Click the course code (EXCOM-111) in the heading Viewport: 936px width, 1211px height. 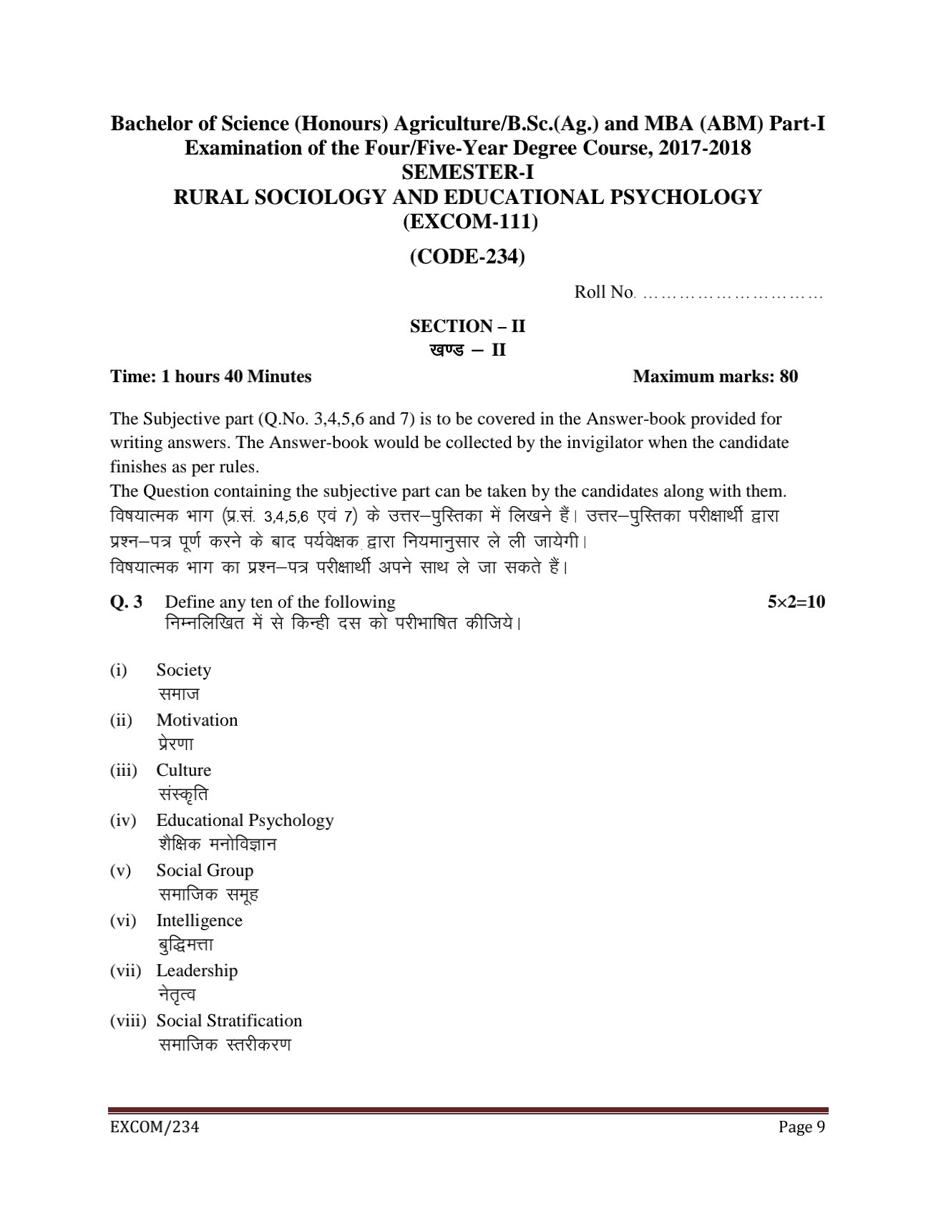[x=467, y=222]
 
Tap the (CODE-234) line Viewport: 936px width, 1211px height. [x=467, y=256]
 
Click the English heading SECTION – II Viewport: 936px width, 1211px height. [x=467, y=326]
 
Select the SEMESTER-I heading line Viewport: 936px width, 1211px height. [x=467, y=172]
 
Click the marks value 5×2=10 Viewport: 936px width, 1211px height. [x=796, y=602]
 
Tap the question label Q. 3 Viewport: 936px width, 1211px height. [x=126, y=602]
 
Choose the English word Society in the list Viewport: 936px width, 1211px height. [x=184, y=670]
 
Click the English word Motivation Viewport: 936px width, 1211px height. [x=197, y=720]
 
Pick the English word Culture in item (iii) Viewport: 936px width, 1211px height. [x=184, y=770]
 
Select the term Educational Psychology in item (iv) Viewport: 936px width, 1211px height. [x=245, y=820]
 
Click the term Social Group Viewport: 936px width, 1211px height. [x=205, y=870]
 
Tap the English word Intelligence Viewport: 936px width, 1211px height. [x=199, y=920]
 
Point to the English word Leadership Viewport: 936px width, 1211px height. [x=197, y=971]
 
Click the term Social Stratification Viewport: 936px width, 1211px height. [x=229, y=1021]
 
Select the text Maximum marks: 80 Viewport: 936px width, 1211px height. [x=715, y=376]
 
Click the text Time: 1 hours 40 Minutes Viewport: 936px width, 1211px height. [x=210, y=376]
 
